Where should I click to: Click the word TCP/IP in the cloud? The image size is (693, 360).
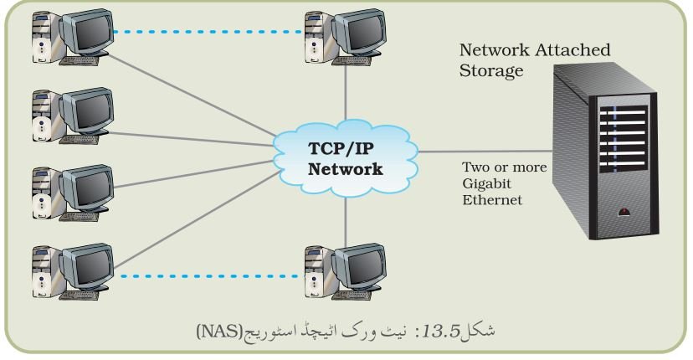point(341,148)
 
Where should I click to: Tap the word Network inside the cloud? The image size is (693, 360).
point(345,169)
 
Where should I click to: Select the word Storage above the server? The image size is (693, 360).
point(491,71)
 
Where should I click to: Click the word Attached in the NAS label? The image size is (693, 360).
point(572,49)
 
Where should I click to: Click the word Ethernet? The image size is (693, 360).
point(492,200)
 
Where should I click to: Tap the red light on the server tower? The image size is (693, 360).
point(624,212)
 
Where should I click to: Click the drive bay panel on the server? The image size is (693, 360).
point(623,138)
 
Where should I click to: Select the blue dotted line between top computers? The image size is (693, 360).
point(208,32)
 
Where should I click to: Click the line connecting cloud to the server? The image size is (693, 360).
point(485,152)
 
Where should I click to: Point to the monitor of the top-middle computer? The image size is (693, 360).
point(359,32)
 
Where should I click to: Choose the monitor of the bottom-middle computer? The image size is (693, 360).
point(359,266)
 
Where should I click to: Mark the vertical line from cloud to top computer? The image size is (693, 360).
point(345,93)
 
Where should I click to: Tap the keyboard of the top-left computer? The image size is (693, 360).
point(79,60)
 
